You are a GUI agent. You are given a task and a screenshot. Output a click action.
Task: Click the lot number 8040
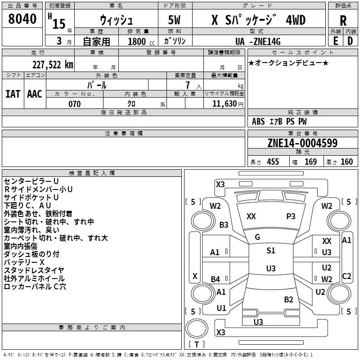pos(22,19)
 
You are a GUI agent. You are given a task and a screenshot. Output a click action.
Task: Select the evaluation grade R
pos(343,21)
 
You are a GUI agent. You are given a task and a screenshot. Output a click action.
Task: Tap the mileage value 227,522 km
pos(53,65)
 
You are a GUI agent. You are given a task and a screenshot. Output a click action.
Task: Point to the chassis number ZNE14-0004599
pos(302,143)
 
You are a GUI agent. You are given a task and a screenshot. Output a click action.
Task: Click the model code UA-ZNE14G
pos(258,41)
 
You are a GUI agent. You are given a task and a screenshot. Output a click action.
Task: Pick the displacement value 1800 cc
pos(141,41)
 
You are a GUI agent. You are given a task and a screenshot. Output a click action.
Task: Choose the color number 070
pos(75,104)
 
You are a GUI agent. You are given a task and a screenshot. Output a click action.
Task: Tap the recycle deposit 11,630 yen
pos(228,104)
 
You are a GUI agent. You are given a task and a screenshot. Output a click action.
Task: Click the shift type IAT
pos(13,94)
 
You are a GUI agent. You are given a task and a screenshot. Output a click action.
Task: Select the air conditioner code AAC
pos(35,94)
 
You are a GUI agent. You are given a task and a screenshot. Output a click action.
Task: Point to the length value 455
pos(273,162)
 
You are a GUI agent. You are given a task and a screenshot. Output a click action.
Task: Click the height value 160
pos(346,162)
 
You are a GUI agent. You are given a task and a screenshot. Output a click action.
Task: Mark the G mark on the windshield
pos(257,237)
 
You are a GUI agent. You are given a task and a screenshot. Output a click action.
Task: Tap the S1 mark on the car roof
pos(271,251)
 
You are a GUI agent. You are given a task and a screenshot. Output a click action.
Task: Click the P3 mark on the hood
pos(291,216)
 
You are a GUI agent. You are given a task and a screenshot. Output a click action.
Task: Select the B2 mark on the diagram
pos(288,300)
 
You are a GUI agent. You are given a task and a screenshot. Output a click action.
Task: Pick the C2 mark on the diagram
pos(346,276)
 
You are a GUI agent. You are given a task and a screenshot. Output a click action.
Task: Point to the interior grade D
pos(350,41)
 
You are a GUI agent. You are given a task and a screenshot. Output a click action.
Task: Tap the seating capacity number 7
pos(188,85)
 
